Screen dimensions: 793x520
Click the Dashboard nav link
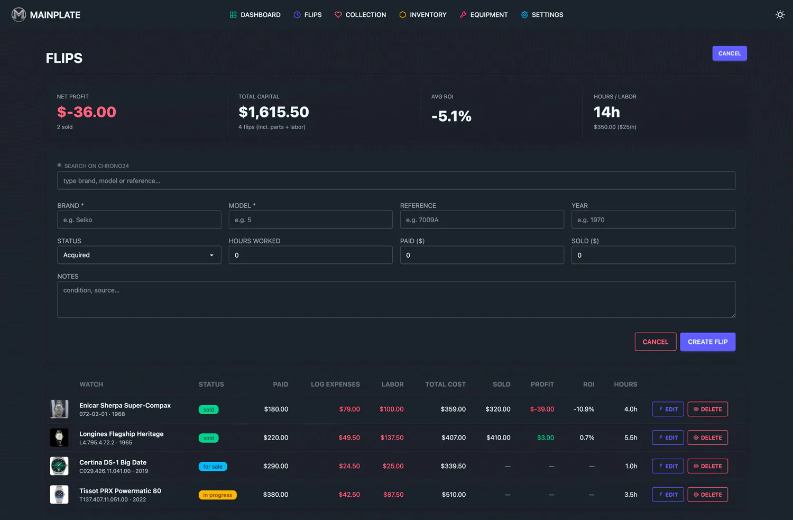[x=255, y=14]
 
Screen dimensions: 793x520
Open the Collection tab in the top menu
[x=360, y=14]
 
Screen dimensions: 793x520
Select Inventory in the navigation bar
[x=423, y=14]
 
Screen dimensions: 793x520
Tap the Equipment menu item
[x=484, y=14]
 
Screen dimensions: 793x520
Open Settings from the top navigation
[x=542, y=14]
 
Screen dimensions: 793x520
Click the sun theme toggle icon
[x=780, y=14]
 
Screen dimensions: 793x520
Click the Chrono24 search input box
[x=396, y=181]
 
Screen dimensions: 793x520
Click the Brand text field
[x=139, y=220]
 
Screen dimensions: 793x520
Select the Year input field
[x=653, y=220]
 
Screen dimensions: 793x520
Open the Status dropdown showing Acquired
[x=139, y=255]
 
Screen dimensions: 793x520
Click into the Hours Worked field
[x=310, y=255]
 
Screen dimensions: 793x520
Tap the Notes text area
[x=396, y=299]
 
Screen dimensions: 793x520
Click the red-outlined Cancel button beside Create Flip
[x=656, y=342]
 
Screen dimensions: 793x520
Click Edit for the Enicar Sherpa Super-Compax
[x=668, y=409]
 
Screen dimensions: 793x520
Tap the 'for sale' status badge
[x=213, y=467]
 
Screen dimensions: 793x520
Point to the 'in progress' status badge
[x=217, y=495]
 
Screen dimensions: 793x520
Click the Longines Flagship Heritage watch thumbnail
[x=59, y=437]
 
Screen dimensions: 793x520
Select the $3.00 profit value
[x=546, y=437]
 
